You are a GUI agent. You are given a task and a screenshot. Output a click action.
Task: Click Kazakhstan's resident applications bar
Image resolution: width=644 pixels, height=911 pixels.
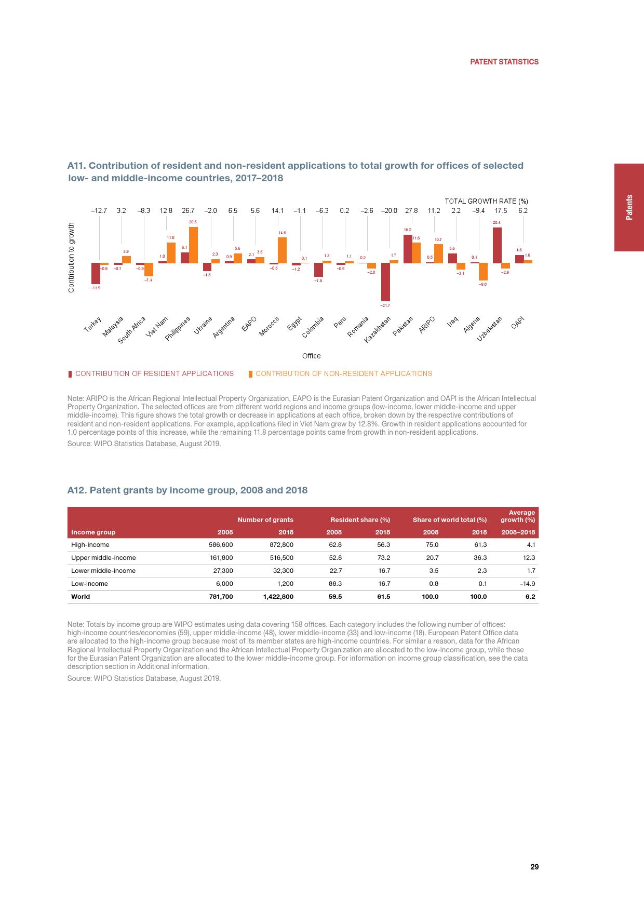click(385, 282)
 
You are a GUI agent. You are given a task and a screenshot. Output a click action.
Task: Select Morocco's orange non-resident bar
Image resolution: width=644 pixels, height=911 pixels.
click(282, 250)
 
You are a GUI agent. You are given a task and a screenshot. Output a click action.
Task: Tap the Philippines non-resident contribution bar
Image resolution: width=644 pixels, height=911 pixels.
click(193, 245)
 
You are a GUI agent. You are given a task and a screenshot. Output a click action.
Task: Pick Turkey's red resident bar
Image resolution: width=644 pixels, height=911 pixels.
click(96, 273)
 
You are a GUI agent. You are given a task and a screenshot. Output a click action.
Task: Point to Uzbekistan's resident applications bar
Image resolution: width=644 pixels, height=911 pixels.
click(497, 245)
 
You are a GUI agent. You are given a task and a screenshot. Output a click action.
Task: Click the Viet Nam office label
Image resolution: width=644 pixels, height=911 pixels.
click(157, 327)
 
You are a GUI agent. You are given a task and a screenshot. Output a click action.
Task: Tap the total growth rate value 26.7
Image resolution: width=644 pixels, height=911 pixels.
click(188, 211)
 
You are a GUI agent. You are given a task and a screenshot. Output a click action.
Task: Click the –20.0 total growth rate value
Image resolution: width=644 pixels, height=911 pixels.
click(389, 211)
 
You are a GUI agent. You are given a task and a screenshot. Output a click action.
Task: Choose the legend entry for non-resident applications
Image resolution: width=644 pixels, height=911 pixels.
click(343, 373)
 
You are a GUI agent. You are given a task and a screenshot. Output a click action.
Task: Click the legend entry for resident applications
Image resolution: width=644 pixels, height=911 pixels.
click(154, 373)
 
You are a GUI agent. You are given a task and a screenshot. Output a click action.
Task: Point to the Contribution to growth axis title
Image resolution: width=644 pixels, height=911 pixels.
click(72, 257)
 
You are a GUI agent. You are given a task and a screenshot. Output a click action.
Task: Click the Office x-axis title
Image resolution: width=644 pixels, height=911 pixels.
click(311, 356)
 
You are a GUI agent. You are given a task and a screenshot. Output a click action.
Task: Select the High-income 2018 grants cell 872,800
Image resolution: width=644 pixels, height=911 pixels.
click(281, 545)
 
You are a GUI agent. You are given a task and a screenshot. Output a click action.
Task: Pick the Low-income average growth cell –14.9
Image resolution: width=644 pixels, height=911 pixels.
click(527, 584)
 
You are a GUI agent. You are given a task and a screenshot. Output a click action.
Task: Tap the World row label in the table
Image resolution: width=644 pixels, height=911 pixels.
click(81, 597)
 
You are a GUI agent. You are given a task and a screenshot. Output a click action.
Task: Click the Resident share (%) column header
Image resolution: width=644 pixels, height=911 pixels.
click(360, 519)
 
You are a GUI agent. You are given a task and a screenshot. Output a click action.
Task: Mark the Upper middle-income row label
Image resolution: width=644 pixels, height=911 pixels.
click(103, 558)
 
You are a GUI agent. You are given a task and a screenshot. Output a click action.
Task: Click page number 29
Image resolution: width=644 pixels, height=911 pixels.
click(534, 867)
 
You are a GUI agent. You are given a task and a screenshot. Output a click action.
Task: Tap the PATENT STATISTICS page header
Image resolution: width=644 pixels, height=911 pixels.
click(504, 62)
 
